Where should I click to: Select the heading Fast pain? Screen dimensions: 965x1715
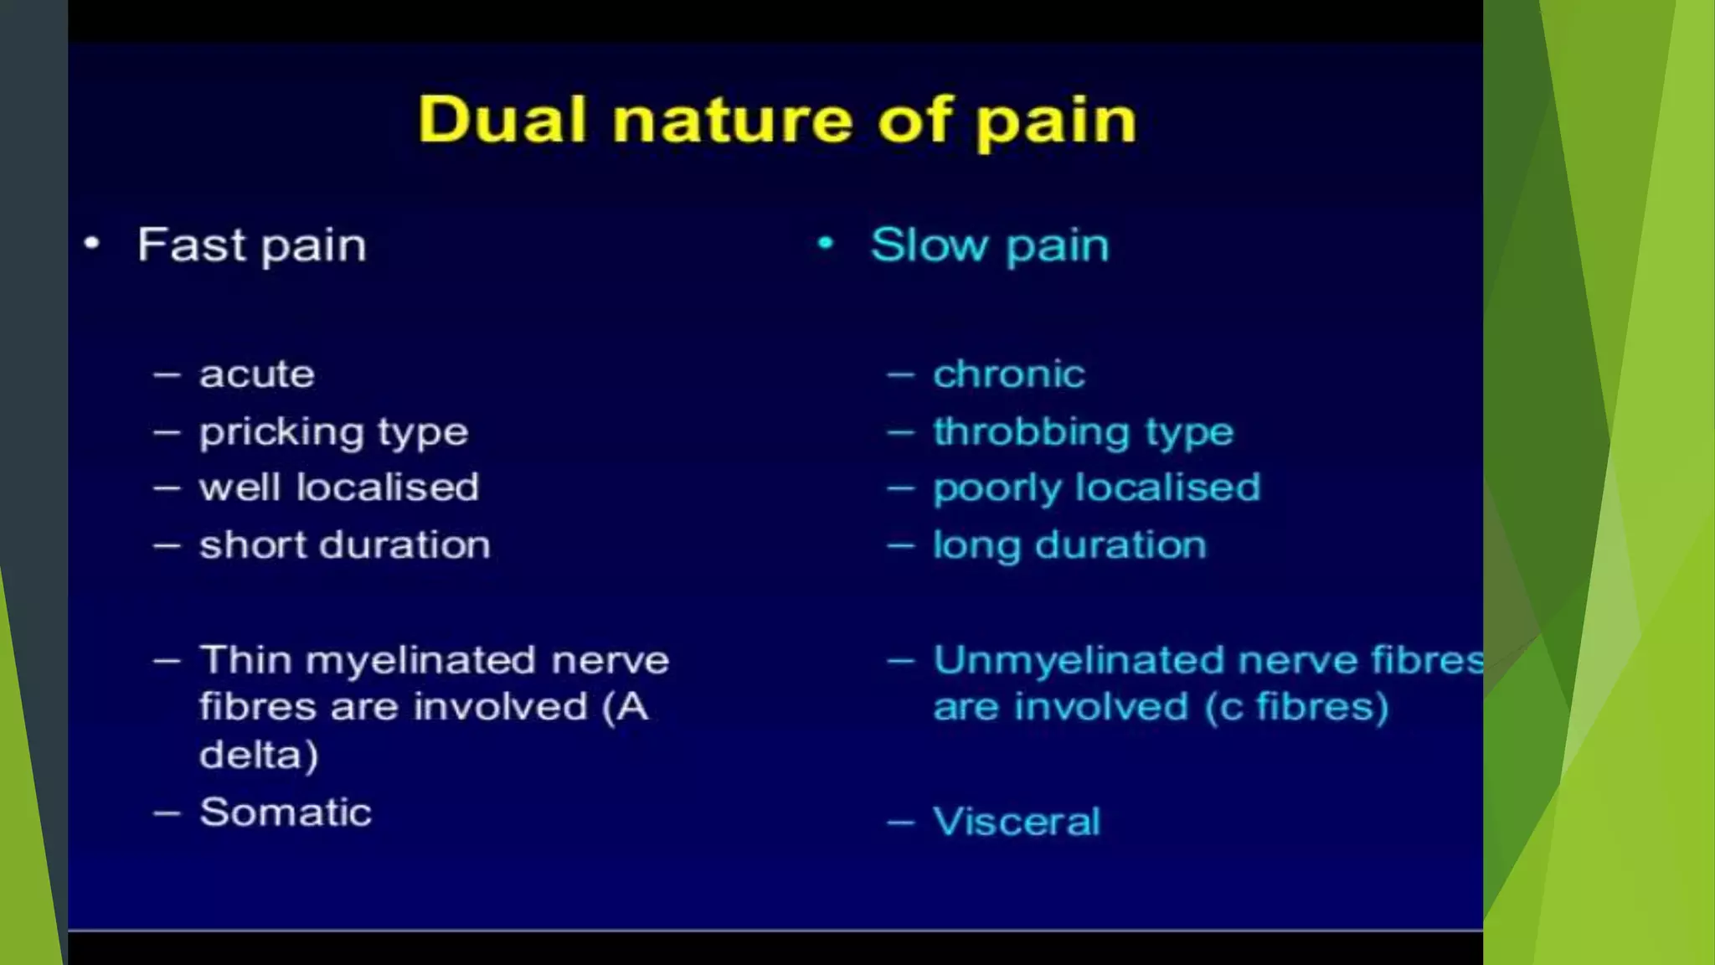[x=251, y=245]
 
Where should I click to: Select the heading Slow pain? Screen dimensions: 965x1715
[x=989, y=245]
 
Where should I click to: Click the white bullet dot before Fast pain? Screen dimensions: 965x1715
[x=92, y=244]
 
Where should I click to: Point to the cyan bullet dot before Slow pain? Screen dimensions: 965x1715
[x=826, y=244]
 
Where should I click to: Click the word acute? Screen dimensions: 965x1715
[x=256, y=374]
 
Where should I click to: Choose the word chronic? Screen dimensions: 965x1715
[x=1008, y=374]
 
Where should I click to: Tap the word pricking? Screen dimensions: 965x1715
[x=281, y=432]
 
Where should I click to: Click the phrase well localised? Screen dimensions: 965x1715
[x=338, y=488]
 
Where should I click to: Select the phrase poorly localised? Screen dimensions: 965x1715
[x=1096, y=488]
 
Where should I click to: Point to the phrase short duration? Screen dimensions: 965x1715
[x=344, y=545]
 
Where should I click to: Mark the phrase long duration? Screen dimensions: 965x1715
[x=1069, y=545]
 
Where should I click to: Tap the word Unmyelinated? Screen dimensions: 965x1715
[x=1079, y=660]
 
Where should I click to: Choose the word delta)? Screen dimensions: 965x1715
[x=259, y=755]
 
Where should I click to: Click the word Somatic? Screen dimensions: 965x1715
[x=286, y=812]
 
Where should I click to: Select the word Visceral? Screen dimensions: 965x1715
[x=1016, y=821]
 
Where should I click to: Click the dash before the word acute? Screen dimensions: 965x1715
[x=167, y=374]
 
